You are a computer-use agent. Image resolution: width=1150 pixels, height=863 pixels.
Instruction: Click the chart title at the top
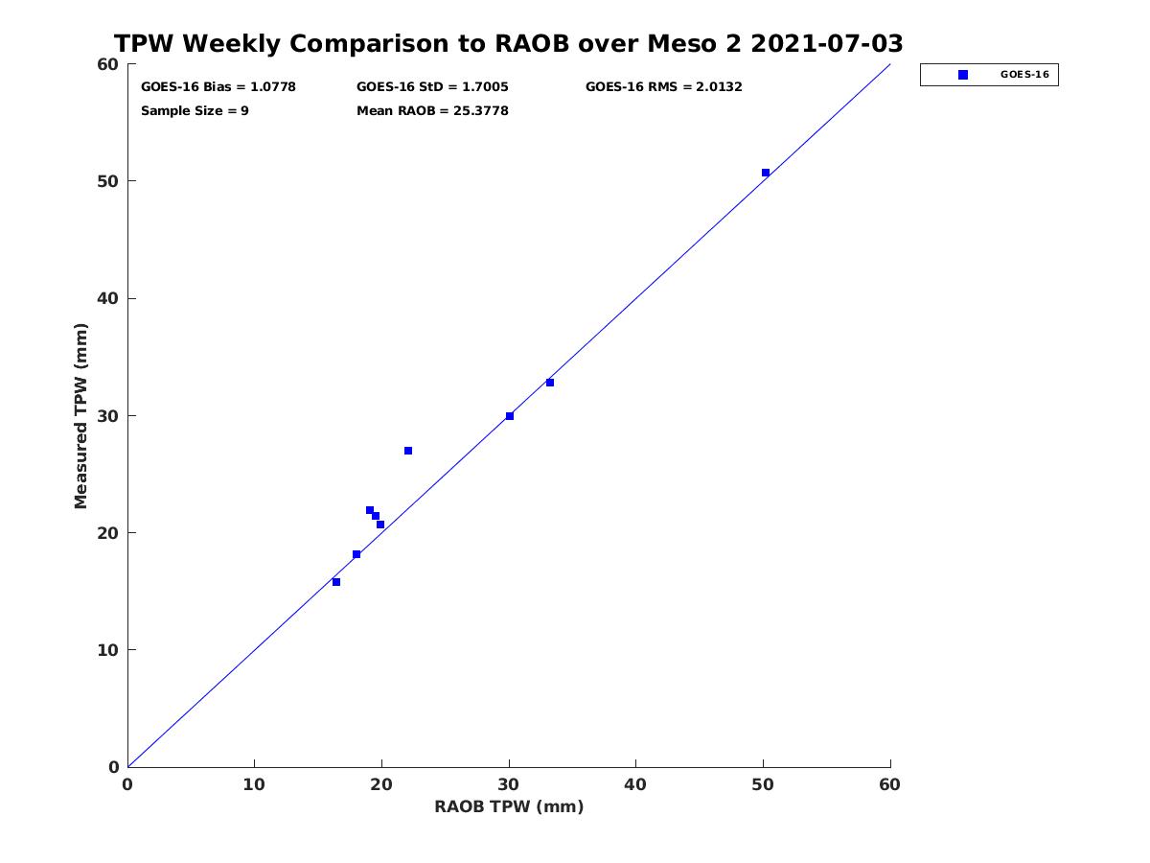click(509, 44)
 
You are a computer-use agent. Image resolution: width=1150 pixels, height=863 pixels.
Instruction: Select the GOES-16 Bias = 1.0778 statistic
click(218, 87)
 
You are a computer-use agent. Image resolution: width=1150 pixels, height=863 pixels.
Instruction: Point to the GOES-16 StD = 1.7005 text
click(432, 87)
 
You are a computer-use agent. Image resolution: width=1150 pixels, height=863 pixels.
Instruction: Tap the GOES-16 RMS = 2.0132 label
click(663, 87)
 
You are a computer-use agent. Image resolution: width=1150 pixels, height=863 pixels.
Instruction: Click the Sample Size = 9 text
click(195, 111)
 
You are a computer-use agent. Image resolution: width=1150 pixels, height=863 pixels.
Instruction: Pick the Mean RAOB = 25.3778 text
click(432, 111)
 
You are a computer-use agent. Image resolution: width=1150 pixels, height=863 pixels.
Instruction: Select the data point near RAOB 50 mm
click(766, 173)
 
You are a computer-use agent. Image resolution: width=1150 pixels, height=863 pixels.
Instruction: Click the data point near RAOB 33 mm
click(550, 383)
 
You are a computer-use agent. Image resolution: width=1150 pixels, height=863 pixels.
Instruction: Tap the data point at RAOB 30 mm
click(510, 416)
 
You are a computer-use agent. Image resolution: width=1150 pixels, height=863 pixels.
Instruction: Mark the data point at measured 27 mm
click(408, 451)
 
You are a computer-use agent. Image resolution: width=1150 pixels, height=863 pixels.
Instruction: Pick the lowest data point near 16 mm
click(336, 582)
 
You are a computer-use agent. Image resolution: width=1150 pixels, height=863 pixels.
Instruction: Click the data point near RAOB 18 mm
click(356, 554)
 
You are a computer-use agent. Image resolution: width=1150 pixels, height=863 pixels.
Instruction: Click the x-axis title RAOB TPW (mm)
click(509, 807)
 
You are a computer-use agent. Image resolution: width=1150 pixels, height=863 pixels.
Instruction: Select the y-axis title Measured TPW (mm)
click(82, 415)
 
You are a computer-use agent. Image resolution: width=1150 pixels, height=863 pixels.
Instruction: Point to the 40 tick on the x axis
click(635, 785)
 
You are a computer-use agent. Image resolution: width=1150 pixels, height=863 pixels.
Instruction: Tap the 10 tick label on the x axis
click(254, 785)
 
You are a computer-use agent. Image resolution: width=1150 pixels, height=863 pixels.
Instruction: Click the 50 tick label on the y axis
click(106, 181)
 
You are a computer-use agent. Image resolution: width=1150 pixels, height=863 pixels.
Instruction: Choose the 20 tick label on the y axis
click(106, 533)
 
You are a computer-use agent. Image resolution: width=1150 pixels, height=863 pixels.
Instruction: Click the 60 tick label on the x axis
click(889, 785)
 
